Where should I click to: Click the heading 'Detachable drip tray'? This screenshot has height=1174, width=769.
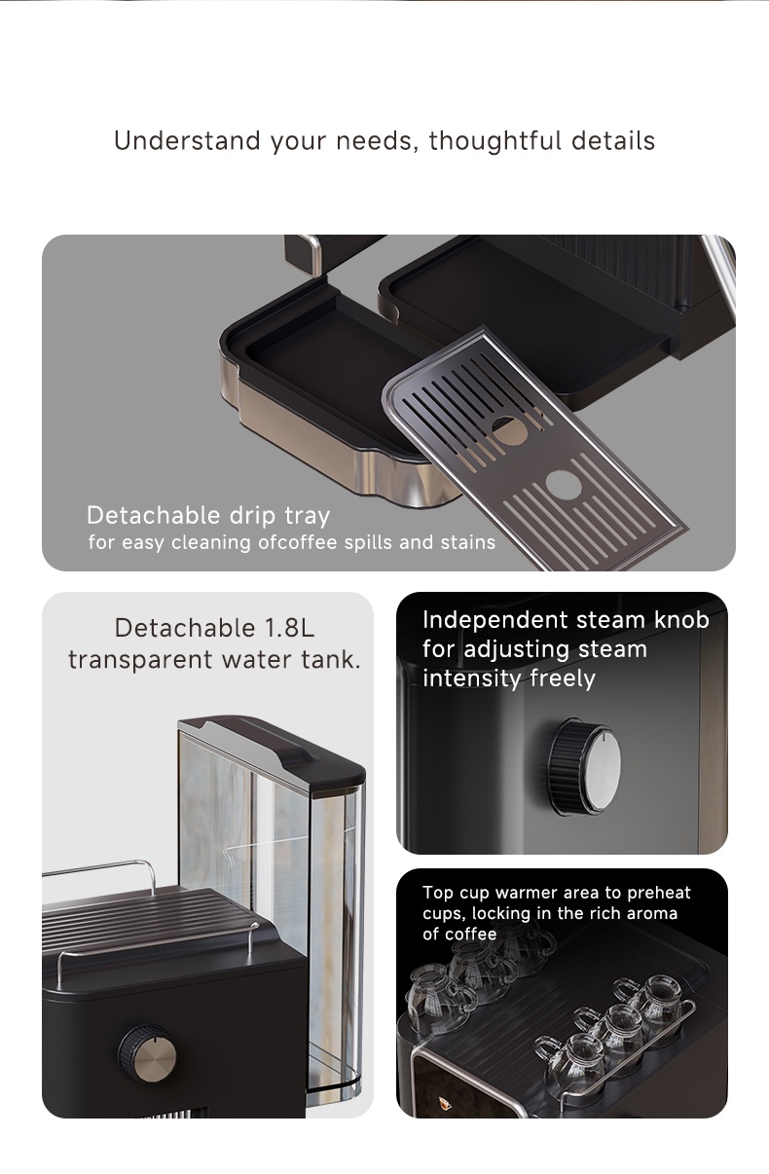208,516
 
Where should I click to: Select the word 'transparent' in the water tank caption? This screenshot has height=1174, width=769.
140,660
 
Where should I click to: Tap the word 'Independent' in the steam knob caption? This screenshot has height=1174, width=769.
494,620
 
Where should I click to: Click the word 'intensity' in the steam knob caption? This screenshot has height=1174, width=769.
472,679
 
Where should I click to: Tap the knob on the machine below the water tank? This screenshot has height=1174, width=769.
147,1053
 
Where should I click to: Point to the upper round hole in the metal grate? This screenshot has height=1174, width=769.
509,430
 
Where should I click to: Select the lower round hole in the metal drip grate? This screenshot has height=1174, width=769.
564,484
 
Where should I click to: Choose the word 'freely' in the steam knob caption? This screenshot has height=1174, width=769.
563,679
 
